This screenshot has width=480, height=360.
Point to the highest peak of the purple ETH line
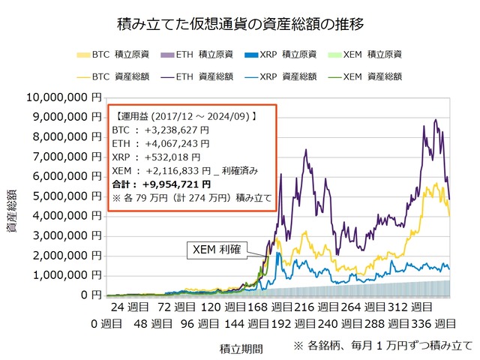(x=425, y=119)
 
